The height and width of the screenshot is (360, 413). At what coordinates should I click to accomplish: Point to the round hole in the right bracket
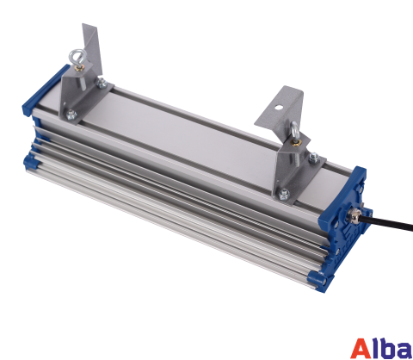pos(278,108)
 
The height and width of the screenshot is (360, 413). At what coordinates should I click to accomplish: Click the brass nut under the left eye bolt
pos(79,68)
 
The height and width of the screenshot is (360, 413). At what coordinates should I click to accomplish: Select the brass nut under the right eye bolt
pos(295,141)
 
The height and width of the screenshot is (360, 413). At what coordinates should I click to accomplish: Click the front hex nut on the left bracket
pos(71,115)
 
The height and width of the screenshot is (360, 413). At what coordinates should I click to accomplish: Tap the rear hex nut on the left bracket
pos(102,83)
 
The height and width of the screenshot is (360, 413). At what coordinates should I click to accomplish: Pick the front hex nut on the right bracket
pos(284,194)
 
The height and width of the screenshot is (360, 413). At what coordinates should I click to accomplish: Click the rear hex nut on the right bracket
pos(314,158)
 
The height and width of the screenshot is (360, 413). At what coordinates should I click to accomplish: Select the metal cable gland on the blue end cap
pos(354,214)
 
